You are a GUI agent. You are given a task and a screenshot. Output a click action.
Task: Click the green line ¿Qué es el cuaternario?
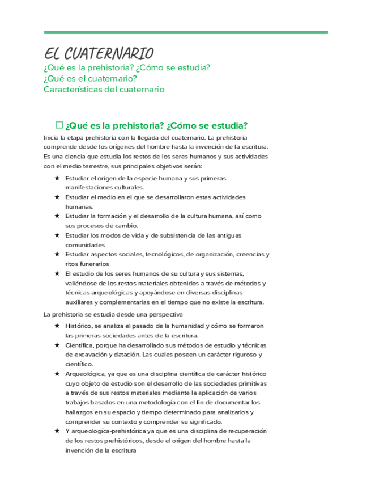[91, 78]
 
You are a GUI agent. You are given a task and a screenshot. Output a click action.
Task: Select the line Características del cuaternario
[104, 89]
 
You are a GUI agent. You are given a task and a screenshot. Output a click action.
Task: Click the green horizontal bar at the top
[186, 32]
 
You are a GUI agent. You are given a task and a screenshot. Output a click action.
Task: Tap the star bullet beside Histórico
[57, 326]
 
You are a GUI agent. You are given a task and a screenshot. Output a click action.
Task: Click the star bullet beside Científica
[57, 345]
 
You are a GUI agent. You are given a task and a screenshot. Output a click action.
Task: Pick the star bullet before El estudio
[57, 273]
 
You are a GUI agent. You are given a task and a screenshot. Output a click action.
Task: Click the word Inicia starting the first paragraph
[52, 138]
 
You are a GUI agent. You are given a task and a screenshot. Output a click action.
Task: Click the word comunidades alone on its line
[85, 244]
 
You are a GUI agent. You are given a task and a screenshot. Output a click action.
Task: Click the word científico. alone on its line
[79, 364]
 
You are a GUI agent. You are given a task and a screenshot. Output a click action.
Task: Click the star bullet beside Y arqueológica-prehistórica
[57, 431]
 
